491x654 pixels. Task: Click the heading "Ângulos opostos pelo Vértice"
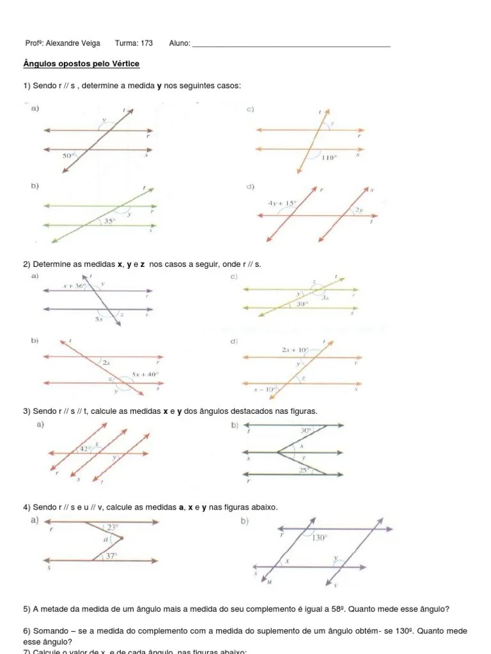(81, 64)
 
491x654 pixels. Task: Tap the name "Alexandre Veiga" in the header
(73, 43)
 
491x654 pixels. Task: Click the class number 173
(146, 43)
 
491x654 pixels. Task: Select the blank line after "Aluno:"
(291, 45)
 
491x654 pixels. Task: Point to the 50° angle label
(68, 155)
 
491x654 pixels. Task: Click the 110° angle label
(329, 157)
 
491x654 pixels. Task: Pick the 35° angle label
(110, 222)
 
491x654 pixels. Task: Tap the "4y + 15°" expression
(283, 204)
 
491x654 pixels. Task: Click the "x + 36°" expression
(74, 286)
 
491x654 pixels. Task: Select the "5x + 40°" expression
(144, 374)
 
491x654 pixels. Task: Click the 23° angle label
(113, 528)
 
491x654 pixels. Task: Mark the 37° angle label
(111, 556)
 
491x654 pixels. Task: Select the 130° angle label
(320, 538)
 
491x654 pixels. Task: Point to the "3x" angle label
(325, 298)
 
